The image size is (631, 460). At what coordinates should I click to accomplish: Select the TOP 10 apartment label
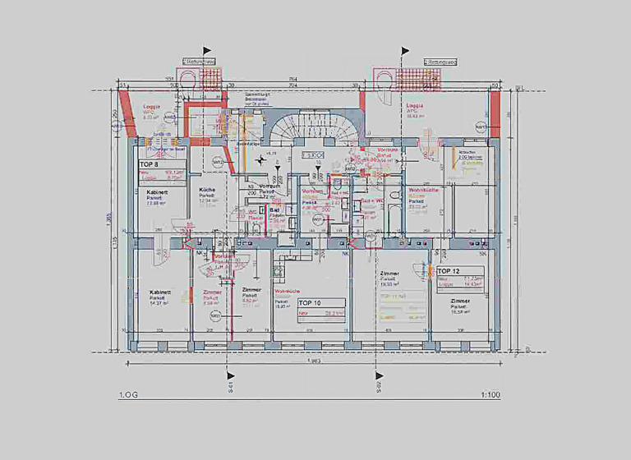(311, 302)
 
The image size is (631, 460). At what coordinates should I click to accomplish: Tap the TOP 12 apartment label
(449, 270)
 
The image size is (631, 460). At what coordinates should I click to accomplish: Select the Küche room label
(206, 190)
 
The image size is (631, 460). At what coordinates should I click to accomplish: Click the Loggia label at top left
(152, 107)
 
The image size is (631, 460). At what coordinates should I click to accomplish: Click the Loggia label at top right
(414, 107)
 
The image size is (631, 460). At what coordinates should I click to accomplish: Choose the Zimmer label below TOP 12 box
(460, 301)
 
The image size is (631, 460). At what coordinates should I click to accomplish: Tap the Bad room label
(274, 210)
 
